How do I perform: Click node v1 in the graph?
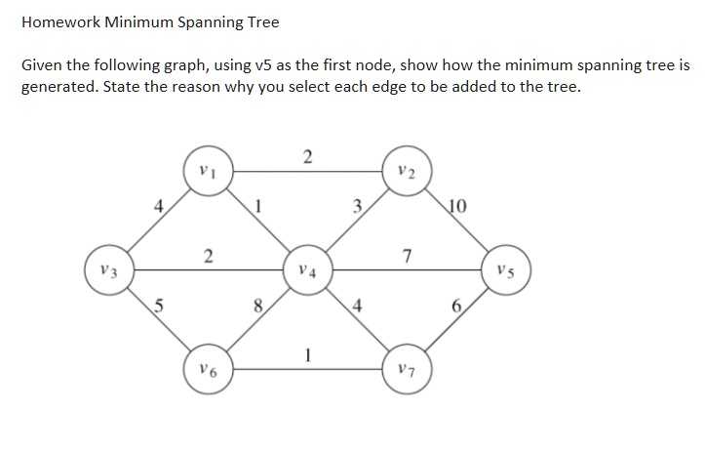pyautogui.click(x=209, y=171)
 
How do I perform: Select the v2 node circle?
pyautogui.click(x=408, y=171)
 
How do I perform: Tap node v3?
pyautogui.click(x=109, y=269)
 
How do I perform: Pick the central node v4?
pyautogui.click(x=308, y=269)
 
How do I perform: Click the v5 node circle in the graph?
pyautogui.click(x=506, y=269)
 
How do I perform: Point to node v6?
pyautogui.click(x=209, y=369)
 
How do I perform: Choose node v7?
pyautogui.click(x=408, y=369)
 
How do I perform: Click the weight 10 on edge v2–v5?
pyautogui.click(x=457, y=206)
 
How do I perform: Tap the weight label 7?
pyautogui.click(x=407, y=256)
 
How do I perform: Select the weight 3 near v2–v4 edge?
pyautogui.click(x=357, y=206)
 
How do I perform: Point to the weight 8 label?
pyautogui.click(x=257, y=306)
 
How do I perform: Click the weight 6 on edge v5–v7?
pyautogui.click(x=456, y=306)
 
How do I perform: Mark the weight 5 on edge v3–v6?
pyautogui.click(x=158, y=306)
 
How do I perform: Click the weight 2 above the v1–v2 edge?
pyautogui.click(x=307, y=157)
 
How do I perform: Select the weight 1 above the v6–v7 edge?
pyautogui.click(x=307, y=355)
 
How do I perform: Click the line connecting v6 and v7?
pyautogui.click(x=308, y=369)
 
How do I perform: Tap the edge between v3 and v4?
pyautogui.click(x=209, y=270)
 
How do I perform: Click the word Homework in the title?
pyautogui.click(x=60, y=22)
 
